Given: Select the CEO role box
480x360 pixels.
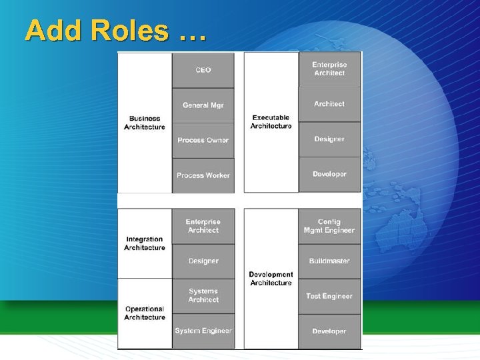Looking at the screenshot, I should (x=203, y=70).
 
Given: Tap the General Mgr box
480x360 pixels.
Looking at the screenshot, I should (x=203, y=105).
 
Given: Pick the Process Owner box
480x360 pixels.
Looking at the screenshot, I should (x=203, y=140).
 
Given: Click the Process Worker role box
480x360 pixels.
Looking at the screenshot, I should (x=203, y=175).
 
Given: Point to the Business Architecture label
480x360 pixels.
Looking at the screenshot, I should (x=145, y=123).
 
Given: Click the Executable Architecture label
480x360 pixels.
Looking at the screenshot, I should (x=271, y=122).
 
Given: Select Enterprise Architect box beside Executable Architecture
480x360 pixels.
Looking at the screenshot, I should (x=329, y=69).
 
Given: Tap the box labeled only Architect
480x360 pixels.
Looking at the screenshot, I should (x=329, y=104).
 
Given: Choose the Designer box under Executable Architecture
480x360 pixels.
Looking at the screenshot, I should (x=329, y=139).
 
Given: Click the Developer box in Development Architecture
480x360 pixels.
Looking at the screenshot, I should (x=329, y=331).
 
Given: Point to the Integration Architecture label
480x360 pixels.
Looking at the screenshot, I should (x=145, y=243).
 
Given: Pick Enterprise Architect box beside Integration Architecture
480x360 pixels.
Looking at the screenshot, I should (x=203, y=226).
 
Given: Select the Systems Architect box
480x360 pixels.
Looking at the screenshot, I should (x=203, y=295).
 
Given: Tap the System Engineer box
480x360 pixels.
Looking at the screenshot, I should (x=203, y=331).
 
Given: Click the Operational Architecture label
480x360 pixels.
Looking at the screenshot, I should (x=145, y=313).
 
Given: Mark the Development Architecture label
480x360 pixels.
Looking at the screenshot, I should (x=271, y=279).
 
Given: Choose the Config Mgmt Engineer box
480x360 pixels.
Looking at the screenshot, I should (x=329, y=226).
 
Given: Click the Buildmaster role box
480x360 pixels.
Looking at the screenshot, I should (x=329, y=261).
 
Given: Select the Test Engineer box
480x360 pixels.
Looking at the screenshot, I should (x=329, y=296).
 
